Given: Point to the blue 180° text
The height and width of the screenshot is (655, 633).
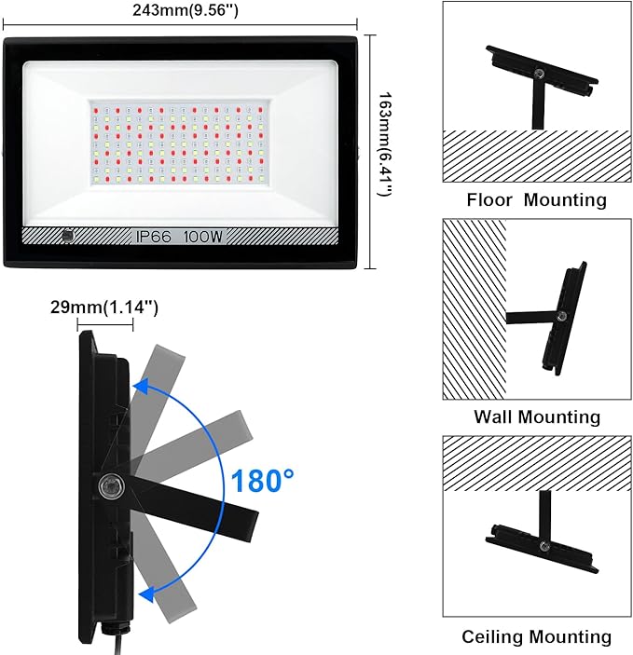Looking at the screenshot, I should point(263,481).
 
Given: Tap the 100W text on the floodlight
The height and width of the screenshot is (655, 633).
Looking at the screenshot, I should point(204,237).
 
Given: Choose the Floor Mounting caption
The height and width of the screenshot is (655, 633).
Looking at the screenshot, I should point(536,199).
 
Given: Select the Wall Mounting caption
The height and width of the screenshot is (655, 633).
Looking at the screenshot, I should point(536,416).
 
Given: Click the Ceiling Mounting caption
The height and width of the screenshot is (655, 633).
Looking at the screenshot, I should point(536,637).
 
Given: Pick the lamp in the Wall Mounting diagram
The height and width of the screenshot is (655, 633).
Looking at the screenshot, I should point(564,317).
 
